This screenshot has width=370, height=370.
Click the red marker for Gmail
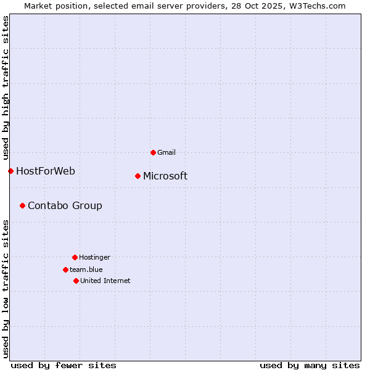(x=153, y=152)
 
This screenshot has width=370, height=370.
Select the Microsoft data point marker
(x=138, y=176)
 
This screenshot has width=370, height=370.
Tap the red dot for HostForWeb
(x=10, y=171)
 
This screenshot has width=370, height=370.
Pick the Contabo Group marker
(x=22, y=205)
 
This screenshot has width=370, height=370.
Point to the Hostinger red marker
(x=75, y=257)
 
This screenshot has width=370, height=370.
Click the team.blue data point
(x=65, y=269)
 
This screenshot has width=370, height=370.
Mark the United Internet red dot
(x=76, y=281)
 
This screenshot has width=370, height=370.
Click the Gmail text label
(x=166, y=152)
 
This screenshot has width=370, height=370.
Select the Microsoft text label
(x=165, y=176)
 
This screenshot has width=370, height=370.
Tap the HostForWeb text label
(x=46, y=171)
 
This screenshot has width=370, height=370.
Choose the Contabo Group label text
(x=65, y=206)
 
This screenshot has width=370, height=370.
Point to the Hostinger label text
(x=94, y=257)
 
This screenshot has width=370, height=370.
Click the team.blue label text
(x=86, y=269)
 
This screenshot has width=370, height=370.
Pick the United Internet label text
(x=105, y=281)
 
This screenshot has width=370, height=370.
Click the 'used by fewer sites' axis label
(x=64, y=366)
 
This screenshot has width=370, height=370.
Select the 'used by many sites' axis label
(x=310, y=366)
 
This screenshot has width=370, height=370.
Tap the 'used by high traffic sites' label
(x=6, y=88)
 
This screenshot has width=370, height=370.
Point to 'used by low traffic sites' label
(x=6, y=289)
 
